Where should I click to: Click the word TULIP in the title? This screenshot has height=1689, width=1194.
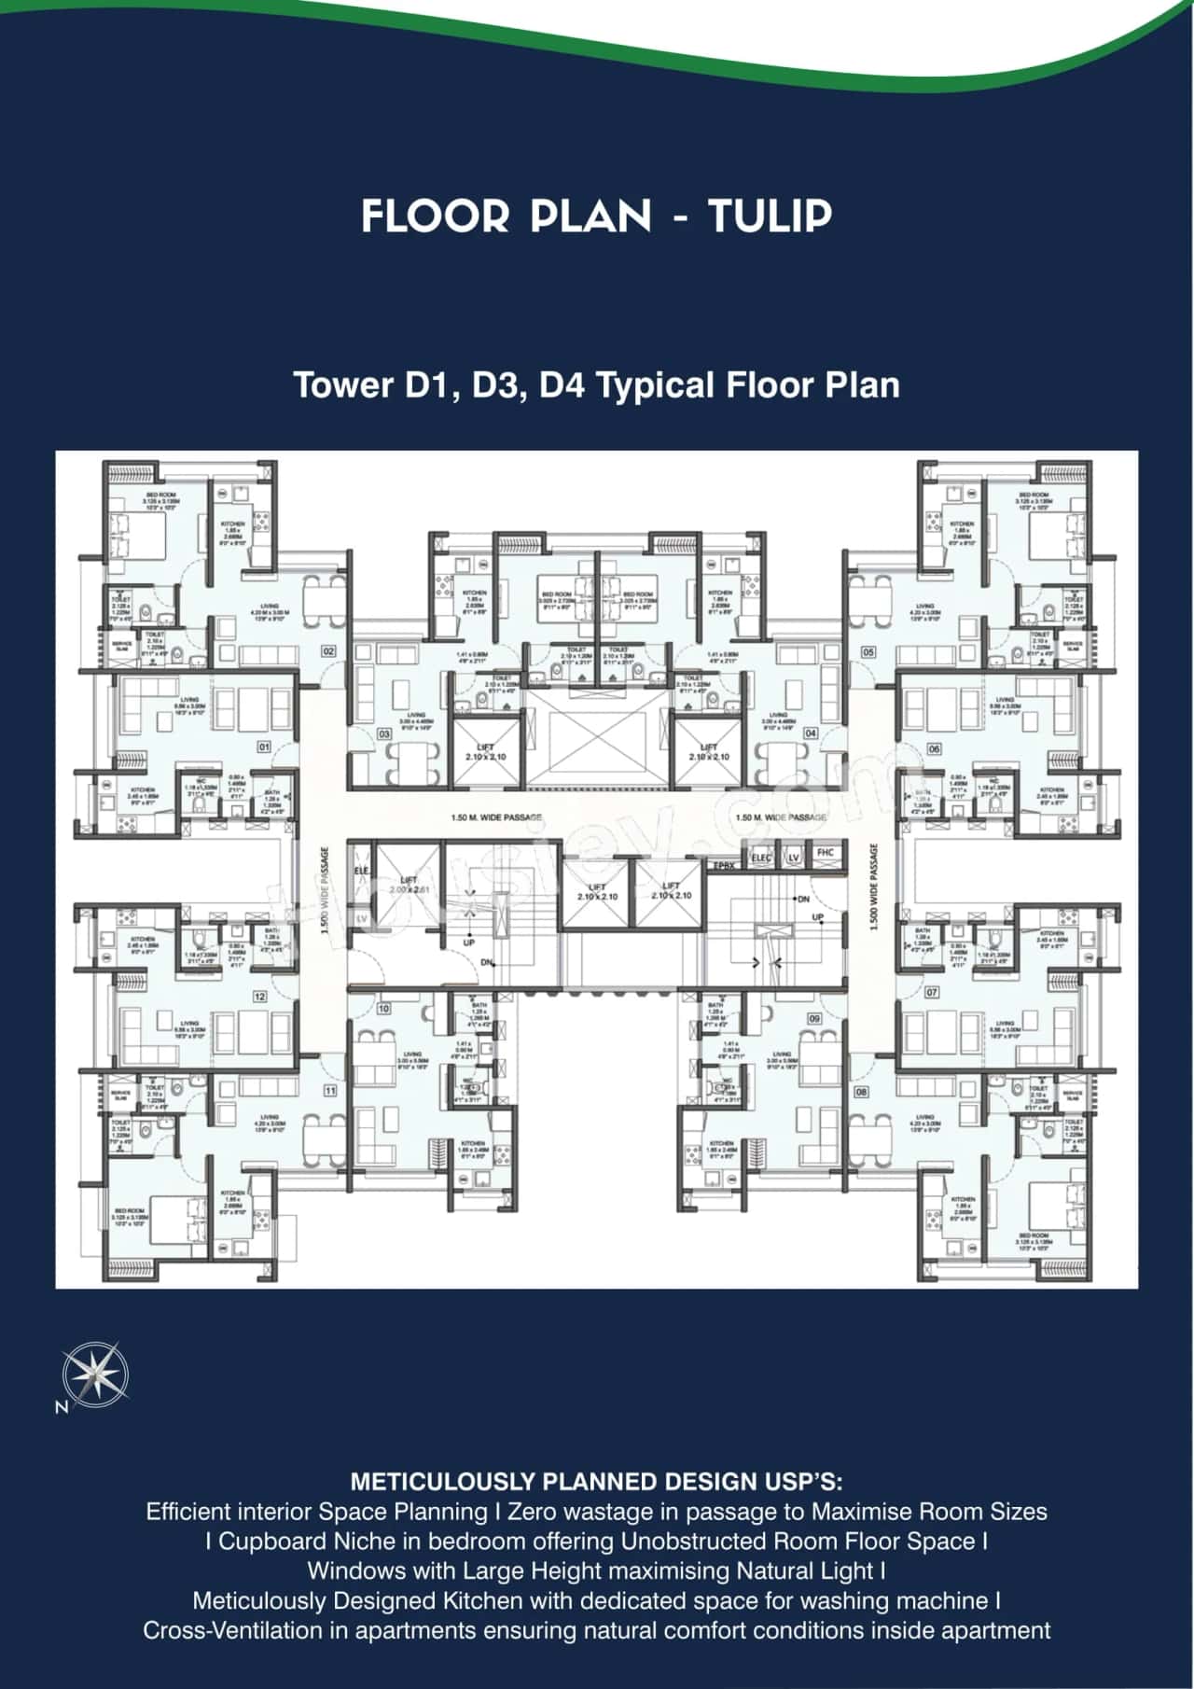click(x=770, y=216)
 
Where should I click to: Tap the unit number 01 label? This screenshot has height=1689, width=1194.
click(x=264, y=747)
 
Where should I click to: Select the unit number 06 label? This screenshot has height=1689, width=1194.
click(x=934, y=748)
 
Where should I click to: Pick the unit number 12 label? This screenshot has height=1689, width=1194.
click(x=260, y=997)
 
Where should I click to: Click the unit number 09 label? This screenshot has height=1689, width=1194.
click(x=814, y=1019)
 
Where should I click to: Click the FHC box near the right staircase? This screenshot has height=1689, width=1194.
click(x=825, y=853)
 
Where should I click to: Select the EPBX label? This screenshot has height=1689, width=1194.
click(x=724, y=867)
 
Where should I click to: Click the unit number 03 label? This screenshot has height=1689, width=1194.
click(x=384, y=734)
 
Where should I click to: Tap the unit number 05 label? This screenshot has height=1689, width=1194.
click(x=868, y=651)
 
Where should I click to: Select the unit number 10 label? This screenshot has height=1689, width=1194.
click(x=383, y=1009)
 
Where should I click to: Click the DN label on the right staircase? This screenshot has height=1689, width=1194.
click(x=801, y=899)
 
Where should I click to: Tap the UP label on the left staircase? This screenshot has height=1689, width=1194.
click(x=468, y=942)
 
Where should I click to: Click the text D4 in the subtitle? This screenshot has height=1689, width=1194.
click(x=560, y=385)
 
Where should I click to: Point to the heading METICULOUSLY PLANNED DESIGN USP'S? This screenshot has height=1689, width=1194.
click(x=596, y=1481)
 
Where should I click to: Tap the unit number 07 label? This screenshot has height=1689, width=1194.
click(x=932, y=992)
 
